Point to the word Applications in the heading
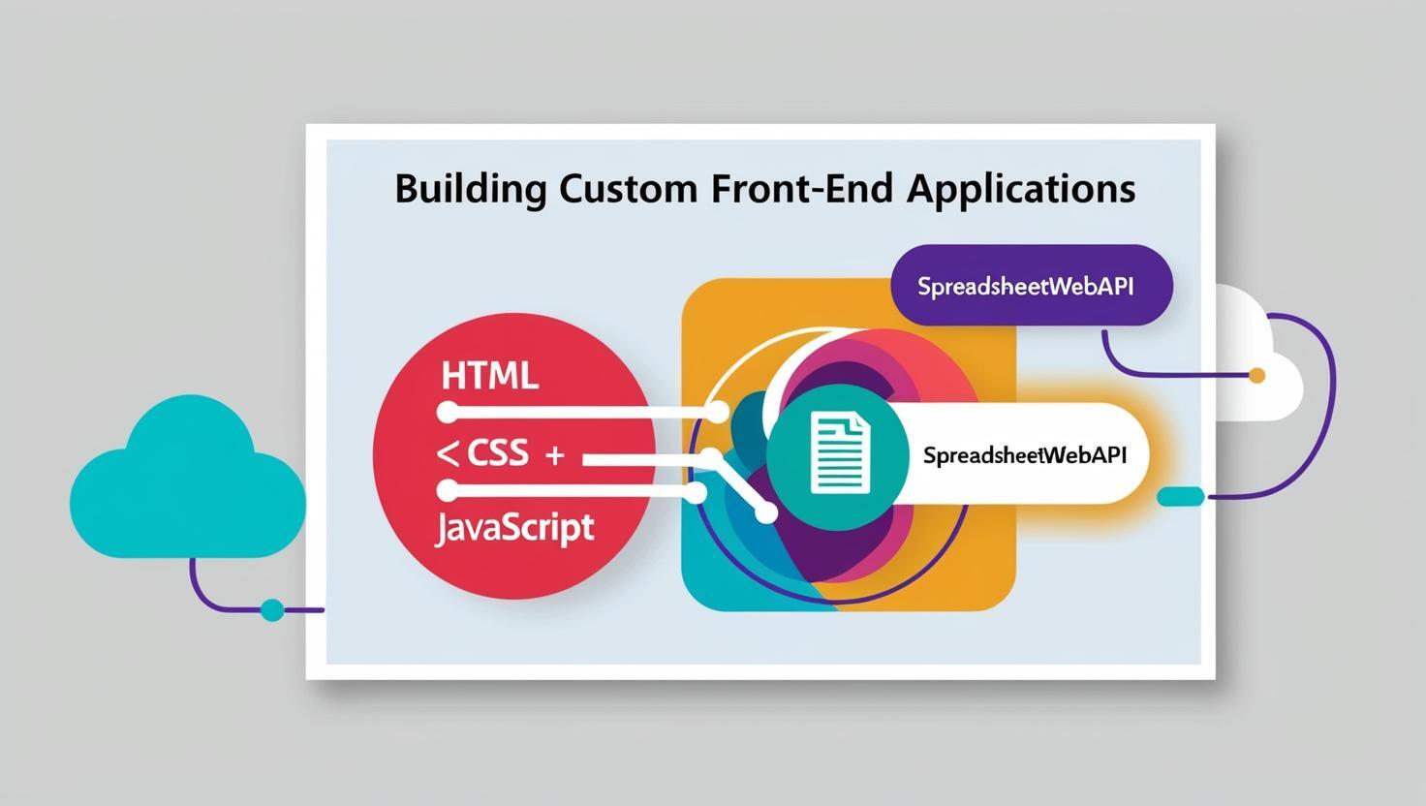click(x=1021, y=188)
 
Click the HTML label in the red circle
click(x=489, y=375)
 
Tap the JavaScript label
click(x=514, y=528)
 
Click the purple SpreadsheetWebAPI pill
click(x=1031, y=286)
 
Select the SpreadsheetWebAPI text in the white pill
click(x=1025, y=455)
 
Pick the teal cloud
click(x=187, y=480)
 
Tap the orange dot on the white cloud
click(x=1257, y=375)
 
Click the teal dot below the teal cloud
click(x=273, y=610)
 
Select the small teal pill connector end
click(x=1181, y=497)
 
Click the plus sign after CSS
click(x=554, y=454)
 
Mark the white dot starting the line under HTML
click(x=448, y=413)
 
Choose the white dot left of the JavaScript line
click(x=448, y=490)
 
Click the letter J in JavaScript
click(x=443, y=530)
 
